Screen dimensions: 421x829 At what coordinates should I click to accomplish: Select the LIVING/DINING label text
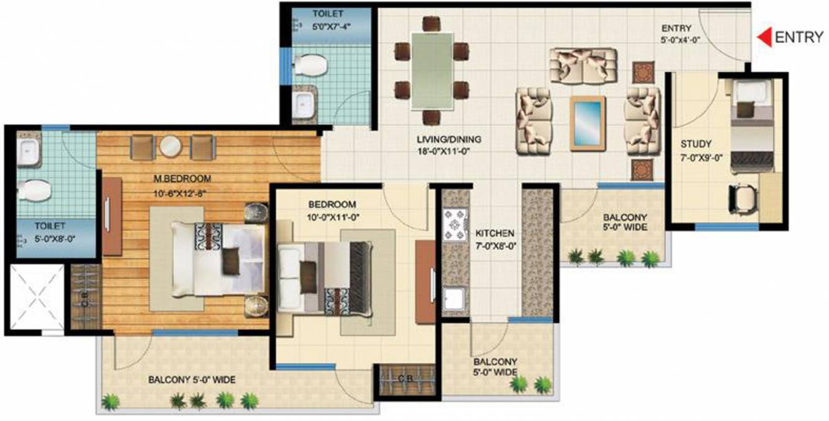(x=450, y=139)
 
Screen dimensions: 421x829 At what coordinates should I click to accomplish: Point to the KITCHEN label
(x=495, y=234)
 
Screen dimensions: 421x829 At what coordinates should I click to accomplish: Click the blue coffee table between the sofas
(x=588, y=123)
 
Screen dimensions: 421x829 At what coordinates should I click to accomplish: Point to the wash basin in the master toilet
(x=27, y=149)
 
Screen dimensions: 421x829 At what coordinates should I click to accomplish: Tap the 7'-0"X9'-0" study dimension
(x=696, y=157)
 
